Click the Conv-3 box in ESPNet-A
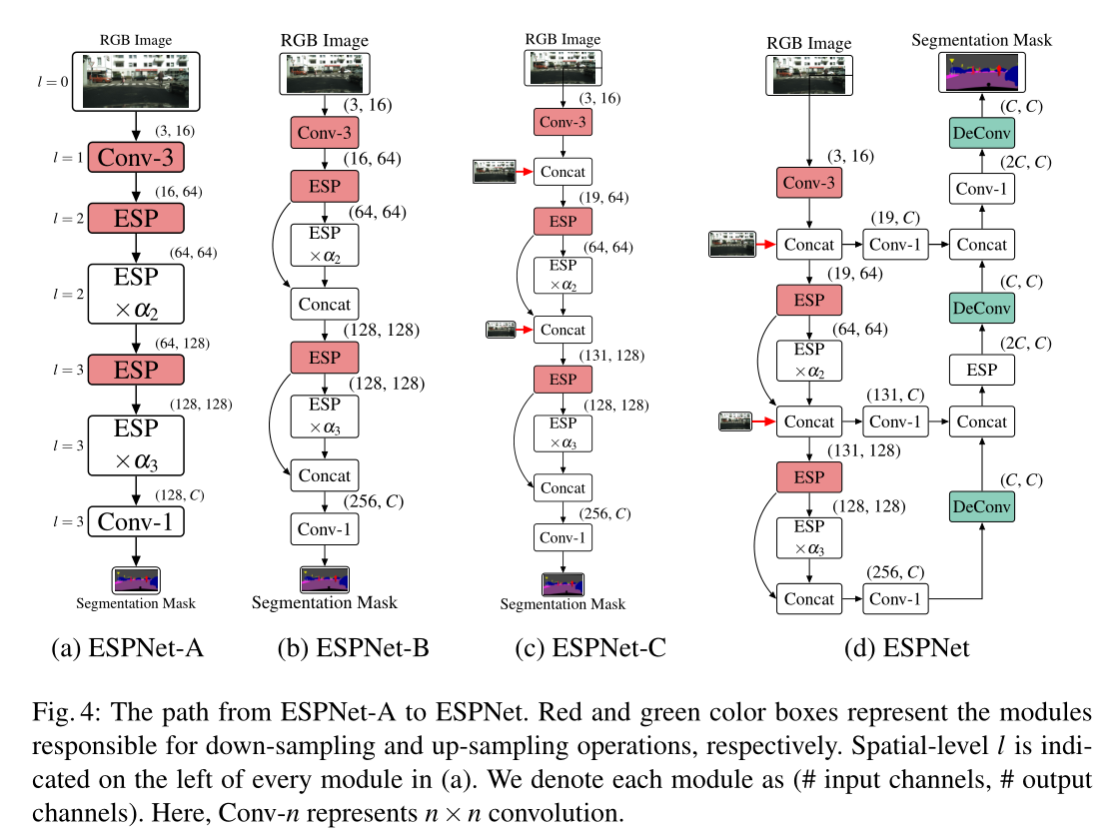136,158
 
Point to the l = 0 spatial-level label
50,80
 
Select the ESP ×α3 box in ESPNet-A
136,444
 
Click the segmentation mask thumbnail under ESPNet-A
136,579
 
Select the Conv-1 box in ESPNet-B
324,528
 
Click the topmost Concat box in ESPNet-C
562,172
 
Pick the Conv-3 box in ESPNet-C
562,122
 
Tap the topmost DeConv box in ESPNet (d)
982,132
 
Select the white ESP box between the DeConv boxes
982,370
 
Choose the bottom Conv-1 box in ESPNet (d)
895,599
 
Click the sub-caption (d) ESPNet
906,648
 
